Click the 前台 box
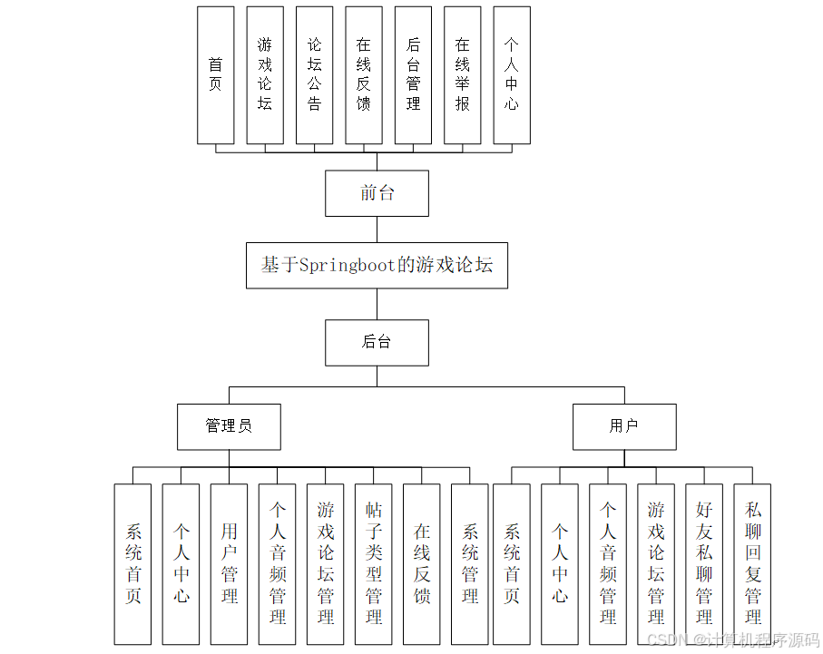coord(377,193)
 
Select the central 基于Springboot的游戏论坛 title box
coord(377,265)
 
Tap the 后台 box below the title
coord(377,342)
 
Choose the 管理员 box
coord(229,426)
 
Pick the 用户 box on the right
coord(623,426)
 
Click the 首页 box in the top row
coord(215,75)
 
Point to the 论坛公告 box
coord(314,75)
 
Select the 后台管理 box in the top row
coord(413,75)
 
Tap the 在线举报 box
coord(462,75)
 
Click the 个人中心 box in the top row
coord(512,75)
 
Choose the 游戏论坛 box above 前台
coord(264,75)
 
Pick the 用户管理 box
coord(229,563)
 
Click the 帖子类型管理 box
coord(373,563)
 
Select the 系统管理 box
coord(469,563)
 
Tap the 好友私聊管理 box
coord(704,563)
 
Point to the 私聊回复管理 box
coord(752,563)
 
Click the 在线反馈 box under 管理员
coord(421,563)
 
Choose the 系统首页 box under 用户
coord(512,563)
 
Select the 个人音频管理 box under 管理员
coord(277,563)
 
